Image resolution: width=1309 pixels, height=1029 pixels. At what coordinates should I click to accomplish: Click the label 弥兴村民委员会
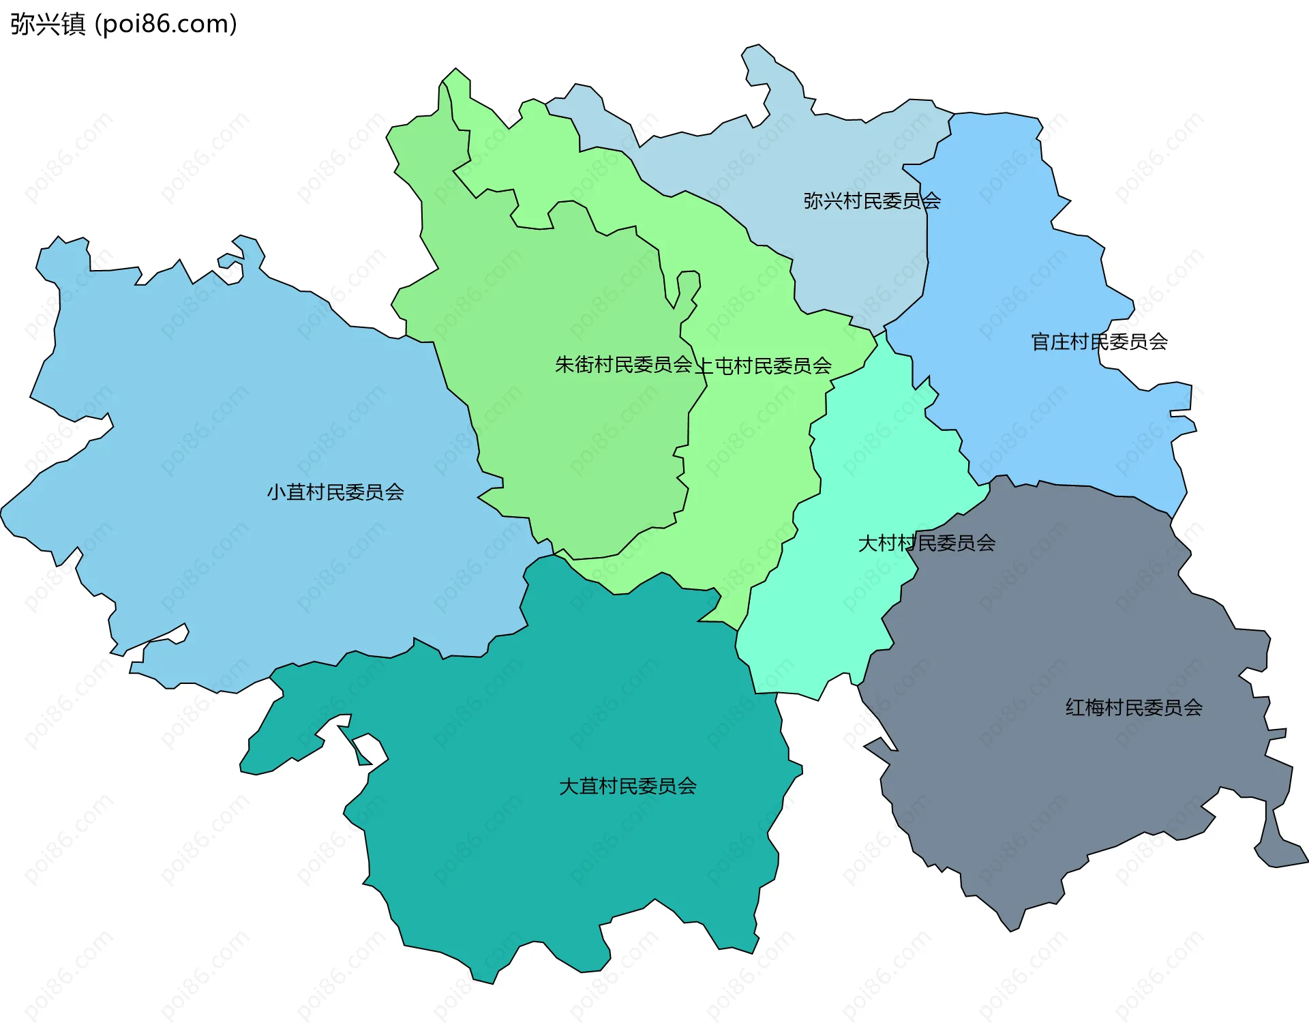point(872,201)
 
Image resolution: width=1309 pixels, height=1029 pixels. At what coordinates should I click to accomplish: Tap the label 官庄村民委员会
point(1099,342)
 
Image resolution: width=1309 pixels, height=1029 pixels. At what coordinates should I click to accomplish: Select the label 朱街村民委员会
point(623,365)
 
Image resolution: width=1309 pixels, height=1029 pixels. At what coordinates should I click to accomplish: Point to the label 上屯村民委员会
point(764,366)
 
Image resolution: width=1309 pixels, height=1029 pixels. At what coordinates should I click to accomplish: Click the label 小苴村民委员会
point(335,492)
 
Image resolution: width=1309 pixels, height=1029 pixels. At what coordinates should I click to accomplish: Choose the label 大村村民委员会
point(927,543)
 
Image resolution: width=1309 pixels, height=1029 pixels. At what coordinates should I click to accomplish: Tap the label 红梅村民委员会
point(1134,708)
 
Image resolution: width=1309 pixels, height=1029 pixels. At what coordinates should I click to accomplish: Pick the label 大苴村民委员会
point(627,787)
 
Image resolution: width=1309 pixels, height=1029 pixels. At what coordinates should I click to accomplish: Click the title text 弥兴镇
point(48,24)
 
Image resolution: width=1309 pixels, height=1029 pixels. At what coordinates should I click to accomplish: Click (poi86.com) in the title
point(166,24)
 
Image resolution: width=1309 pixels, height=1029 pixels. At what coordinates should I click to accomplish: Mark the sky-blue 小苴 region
point(239,443)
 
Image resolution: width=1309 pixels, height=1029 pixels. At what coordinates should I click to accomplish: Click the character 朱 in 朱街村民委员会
point(564,365)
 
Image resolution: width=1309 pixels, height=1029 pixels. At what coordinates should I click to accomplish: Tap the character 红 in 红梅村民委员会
point(1074,708)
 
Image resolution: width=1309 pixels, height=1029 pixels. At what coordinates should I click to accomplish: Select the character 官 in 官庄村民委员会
point(1040,342)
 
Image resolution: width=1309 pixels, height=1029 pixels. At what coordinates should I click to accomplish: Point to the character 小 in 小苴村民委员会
point(275,492)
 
